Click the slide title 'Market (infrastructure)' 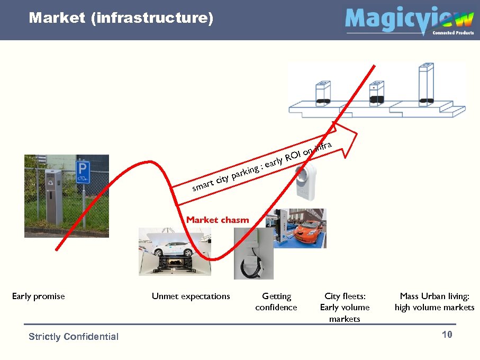click(x=121, y=19)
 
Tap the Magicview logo click(x=409, y=20)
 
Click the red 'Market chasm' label click(x=217, y=220)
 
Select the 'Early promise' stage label click(x=38, y=296)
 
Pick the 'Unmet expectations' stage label click(x=191, y=296)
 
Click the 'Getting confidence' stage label click(x=276, y=302)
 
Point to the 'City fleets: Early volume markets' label click(x=345, y=308)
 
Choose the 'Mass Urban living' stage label click(x=434, y=302)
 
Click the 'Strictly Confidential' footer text click(x=74, y=337)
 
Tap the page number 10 click(x=447, y=335)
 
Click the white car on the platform click(x=175, y=248)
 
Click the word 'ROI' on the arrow click(x=293, y=156)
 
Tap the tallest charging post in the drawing click(x=425, y=84)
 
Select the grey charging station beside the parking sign click(x=54, y=196)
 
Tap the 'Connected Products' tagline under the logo click(x=453, y=33)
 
